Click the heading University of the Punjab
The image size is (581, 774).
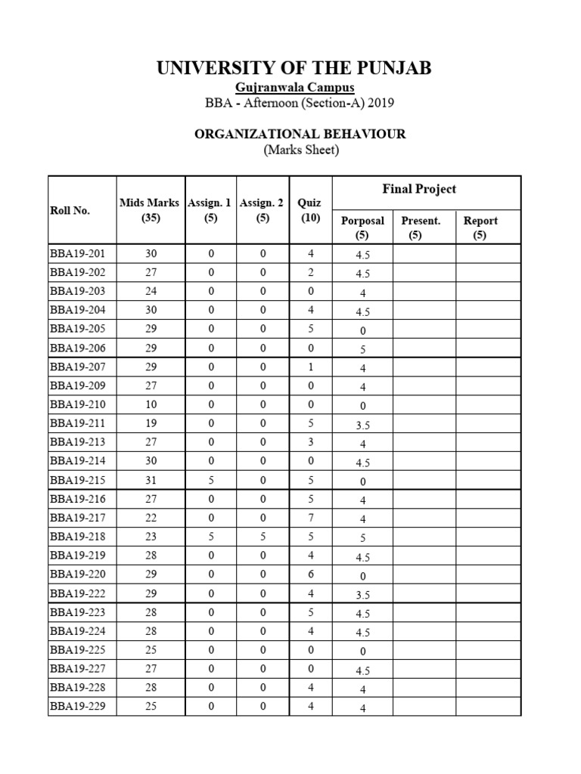(294, 69)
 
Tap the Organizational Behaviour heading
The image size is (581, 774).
(300, 134)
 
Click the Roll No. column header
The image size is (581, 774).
(70, 210)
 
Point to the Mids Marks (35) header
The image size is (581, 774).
(149, 210)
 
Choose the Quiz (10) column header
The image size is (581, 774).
(309, 210)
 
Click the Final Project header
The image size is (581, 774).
(419, 189)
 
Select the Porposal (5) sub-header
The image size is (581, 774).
(362, 228)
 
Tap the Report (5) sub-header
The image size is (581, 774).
(480, 228)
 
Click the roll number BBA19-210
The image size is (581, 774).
(78, 404)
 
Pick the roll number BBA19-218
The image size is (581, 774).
(78, 537)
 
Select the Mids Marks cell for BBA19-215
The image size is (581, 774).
(151, 480)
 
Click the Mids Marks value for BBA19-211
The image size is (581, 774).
(151, 423)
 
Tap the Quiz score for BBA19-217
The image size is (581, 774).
(309, 518)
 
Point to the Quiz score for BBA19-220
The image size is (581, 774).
(309, 574)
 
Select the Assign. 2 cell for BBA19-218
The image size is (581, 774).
(263, 537)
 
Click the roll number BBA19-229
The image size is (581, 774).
(78, 707)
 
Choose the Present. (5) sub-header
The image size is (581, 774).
(421, 228)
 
